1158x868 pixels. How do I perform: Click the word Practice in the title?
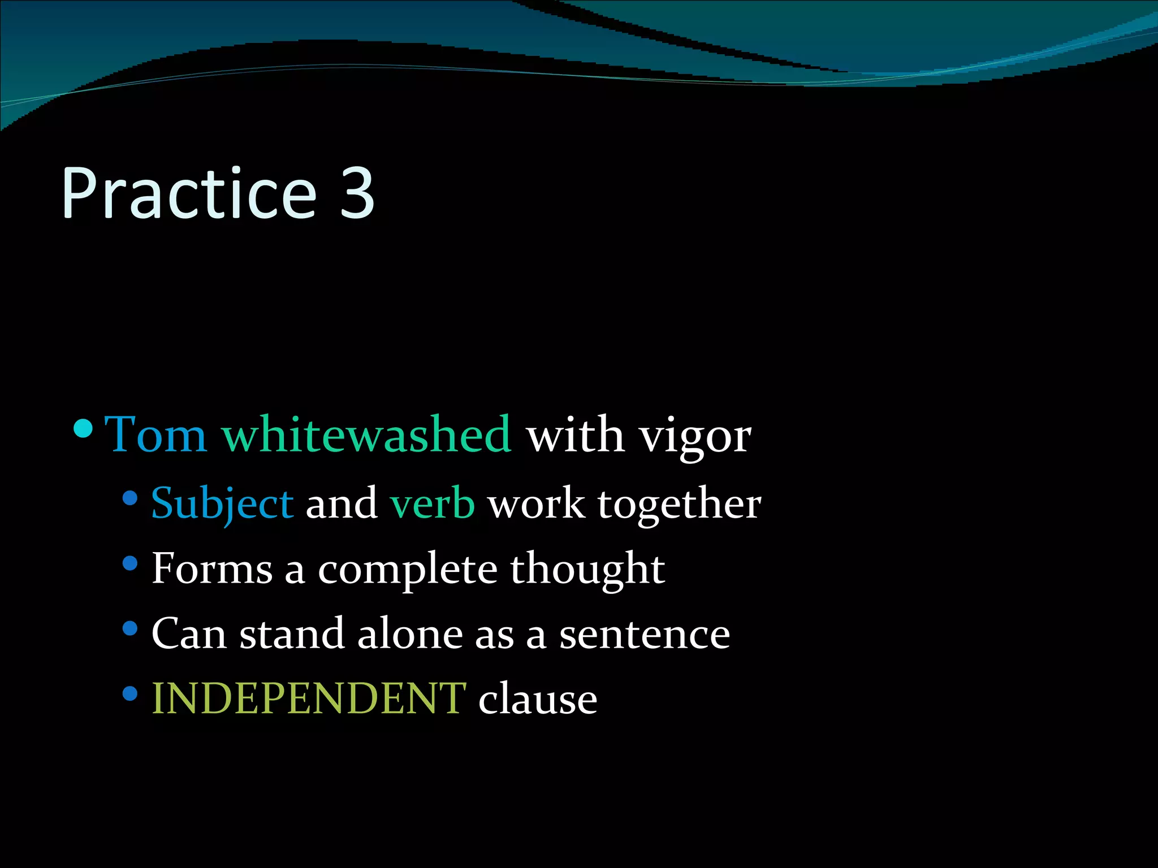pyautogui.click(x=189, y=193)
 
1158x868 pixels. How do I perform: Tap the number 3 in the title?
pyautogui.click(x=357, y=193)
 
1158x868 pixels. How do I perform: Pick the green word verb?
pyautogui.click(x=433, y=503)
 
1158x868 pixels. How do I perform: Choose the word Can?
pyautogui.click(x=189, y=633)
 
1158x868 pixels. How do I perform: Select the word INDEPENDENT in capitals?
pyautogui.click(x=309, y=698)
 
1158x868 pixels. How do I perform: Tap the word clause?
pyautogui.click(x=538, y=698)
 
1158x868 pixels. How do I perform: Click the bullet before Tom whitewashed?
pyautogui.click(x=83, y=428)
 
